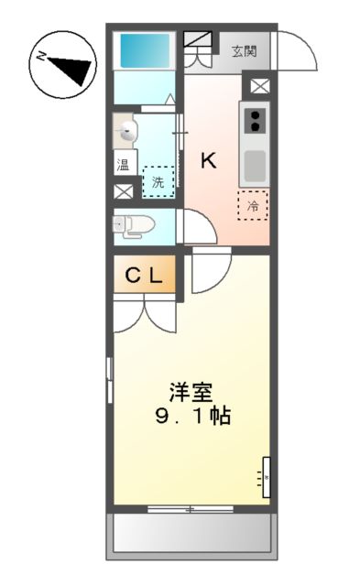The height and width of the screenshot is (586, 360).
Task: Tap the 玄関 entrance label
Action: pos(244,50)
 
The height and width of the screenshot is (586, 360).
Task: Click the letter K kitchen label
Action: pos(209,161)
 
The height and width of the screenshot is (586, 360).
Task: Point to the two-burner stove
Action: pos(254,120)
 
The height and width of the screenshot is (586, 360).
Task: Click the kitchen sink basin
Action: pos(254,165)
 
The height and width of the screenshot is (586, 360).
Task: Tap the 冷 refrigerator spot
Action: pos(252,206)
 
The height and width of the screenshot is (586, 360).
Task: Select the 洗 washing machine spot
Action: pos(158,182)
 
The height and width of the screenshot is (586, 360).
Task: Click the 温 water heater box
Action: pos(123,166)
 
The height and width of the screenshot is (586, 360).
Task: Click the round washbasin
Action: pos(128,133)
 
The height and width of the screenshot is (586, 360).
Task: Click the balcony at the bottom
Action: pos(191,535)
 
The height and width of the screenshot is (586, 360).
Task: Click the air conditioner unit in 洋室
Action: pos(267,476)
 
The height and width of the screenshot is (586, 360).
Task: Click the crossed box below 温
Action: pos(123,192)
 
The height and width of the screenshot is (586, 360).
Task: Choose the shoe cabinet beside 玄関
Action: pos(197,42)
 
